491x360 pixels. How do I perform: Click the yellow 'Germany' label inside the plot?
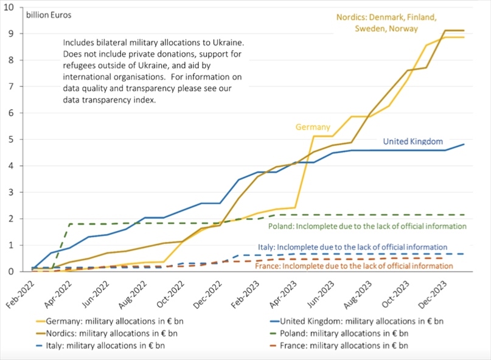(x=313, y=127)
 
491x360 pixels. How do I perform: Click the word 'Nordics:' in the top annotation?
(x=353, y=17)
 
